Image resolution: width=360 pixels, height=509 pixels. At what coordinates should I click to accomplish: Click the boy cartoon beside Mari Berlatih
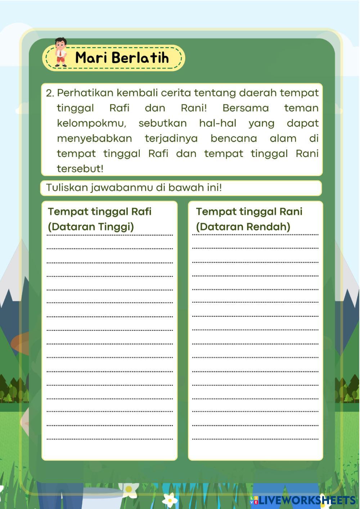61,53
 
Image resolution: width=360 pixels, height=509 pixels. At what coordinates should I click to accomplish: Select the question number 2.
50,93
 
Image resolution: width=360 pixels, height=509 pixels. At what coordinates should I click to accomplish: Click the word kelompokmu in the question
91,123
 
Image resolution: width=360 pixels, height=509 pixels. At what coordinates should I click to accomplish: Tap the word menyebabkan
94,139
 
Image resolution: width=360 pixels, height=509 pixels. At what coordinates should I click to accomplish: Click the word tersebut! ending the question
80,169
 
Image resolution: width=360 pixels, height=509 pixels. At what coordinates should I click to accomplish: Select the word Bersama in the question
246,108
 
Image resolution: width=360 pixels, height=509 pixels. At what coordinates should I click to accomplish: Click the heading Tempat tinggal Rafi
100,211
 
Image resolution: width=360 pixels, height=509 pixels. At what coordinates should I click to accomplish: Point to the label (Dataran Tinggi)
91,227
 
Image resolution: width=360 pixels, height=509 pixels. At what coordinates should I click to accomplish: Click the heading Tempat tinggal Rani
249,211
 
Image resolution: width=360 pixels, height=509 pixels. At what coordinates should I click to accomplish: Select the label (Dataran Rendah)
243,227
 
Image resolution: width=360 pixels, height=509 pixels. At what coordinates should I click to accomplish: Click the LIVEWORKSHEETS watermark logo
303,500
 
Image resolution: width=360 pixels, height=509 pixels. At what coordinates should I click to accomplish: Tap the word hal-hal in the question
217,123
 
